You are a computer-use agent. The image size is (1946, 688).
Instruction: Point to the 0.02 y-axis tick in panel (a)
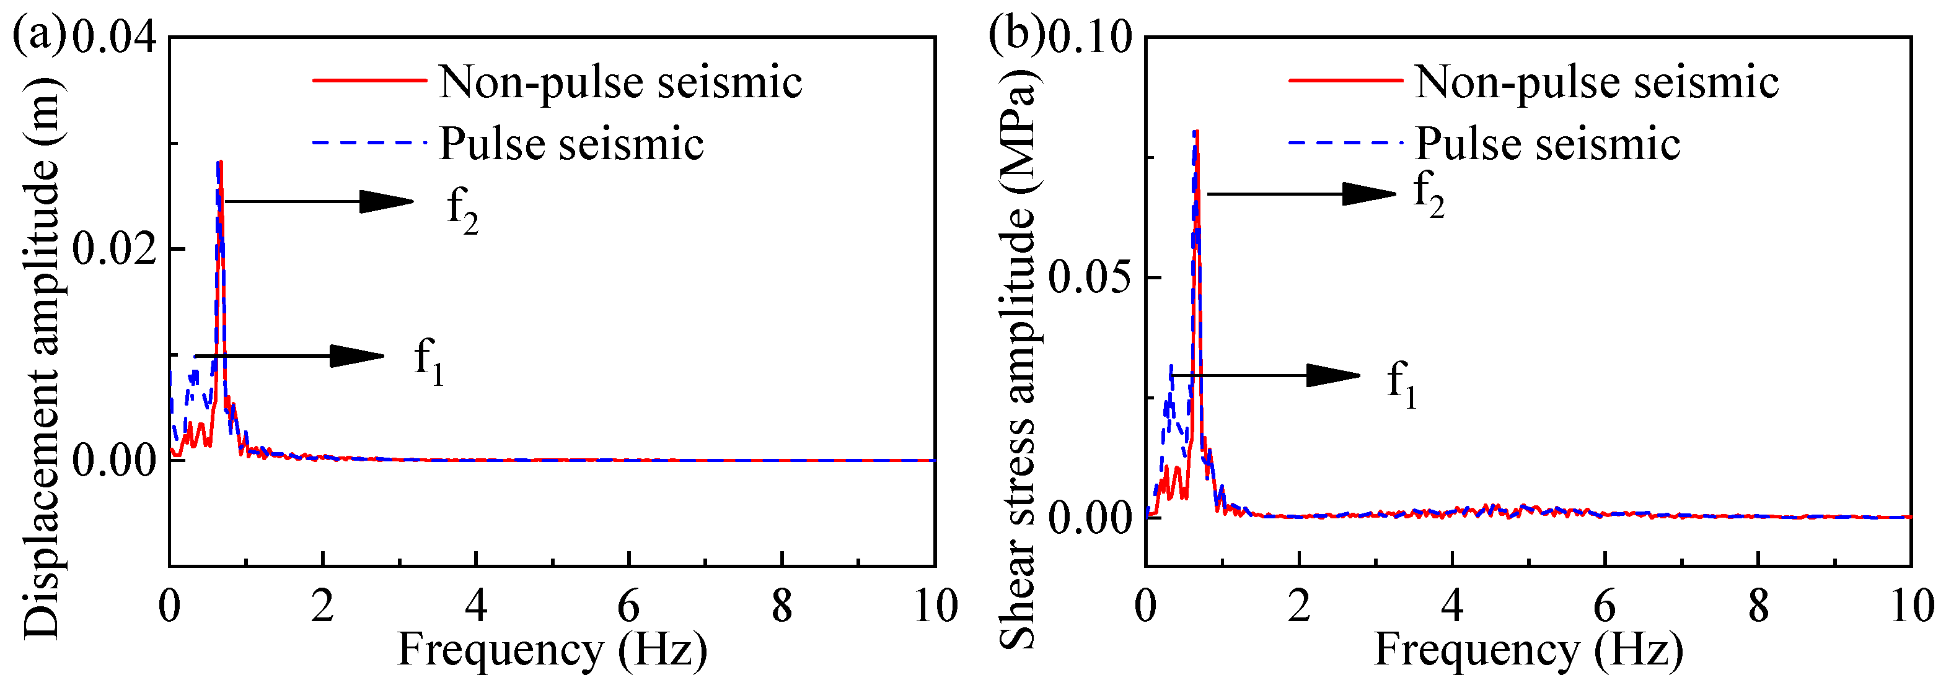114,249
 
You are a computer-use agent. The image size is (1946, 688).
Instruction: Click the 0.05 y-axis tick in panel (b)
1091,278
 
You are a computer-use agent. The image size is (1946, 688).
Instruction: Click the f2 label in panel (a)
462,211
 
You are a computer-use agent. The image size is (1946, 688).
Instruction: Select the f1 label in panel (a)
429,361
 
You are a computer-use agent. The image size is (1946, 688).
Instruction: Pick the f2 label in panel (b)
1429,193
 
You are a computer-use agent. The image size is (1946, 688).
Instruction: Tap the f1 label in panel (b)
1402,384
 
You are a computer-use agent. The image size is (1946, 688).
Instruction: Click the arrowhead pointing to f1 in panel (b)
1333,375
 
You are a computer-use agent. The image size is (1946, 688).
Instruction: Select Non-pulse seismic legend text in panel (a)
620,82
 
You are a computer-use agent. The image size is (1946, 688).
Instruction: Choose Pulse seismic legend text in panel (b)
1547,144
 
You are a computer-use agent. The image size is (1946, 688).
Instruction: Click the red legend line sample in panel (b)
1345,80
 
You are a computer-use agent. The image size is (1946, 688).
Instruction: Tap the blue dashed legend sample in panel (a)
369,142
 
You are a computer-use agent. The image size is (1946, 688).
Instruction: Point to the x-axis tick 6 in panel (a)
628,606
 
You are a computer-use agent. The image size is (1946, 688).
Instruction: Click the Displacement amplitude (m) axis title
42,355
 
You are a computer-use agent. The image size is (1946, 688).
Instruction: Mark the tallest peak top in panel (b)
1196,132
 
